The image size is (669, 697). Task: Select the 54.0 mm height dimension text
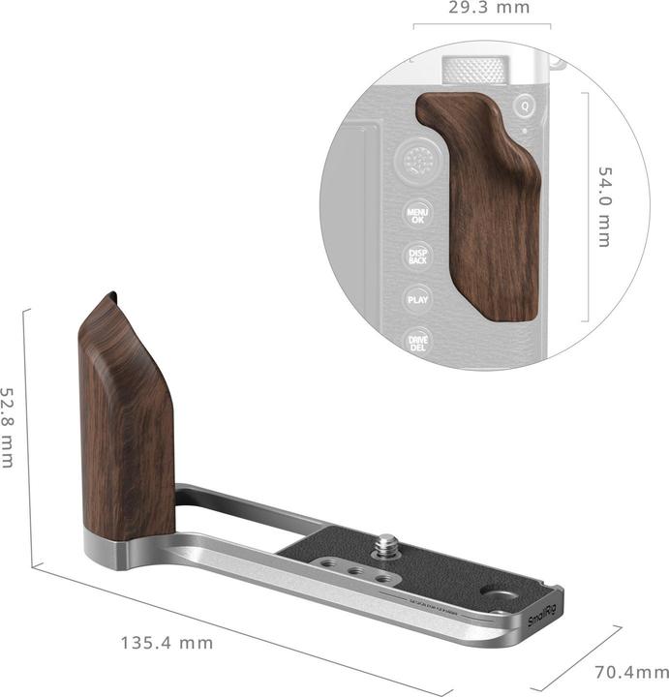point(606,206)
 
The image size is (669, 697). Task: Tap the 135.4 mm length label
point(167,642)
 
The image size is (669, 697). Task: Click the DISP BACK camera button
point(418,257)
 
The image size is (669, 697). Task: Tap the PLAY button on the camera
point(417,299)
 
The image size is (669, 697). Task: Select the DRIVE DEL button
point(417,342)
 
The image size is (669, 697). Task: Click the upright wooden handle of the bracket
point(125,426)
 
